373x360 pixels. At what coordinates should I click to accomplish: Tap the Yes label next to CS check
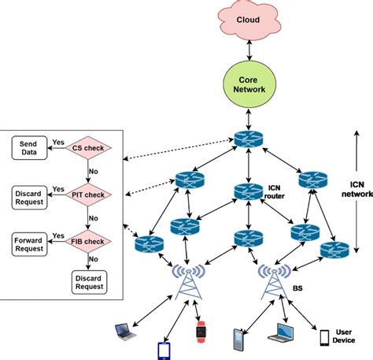click(57, 142)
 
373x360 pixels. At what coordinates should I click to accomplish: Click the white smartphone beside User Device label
click(323, 338)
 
